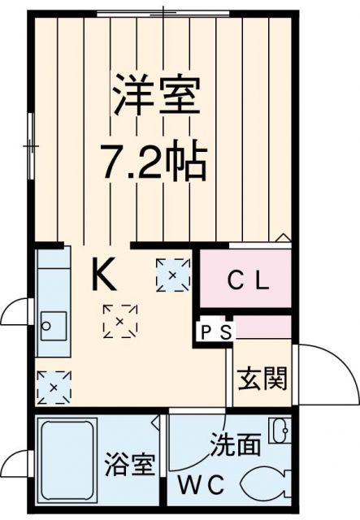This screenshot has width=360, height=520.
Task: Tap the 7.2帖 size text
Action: click(x=154, y=162)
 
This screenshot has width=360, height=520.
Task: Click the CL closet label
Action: click(x=246, y=282)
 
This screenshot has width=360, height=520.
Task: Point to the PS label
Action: click(x=215, y=331)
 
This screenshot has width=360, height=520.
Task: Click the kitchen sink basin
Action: click(x=52, y=327)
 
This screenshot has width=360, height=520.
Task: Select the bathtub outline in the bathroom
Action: click(x=68, y=461)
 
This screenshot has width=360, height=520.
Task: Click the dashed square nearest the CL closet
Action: click(x=172, y=275)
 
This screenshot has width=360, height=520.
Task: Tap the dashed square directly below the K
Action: click(x=120, y=321)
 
